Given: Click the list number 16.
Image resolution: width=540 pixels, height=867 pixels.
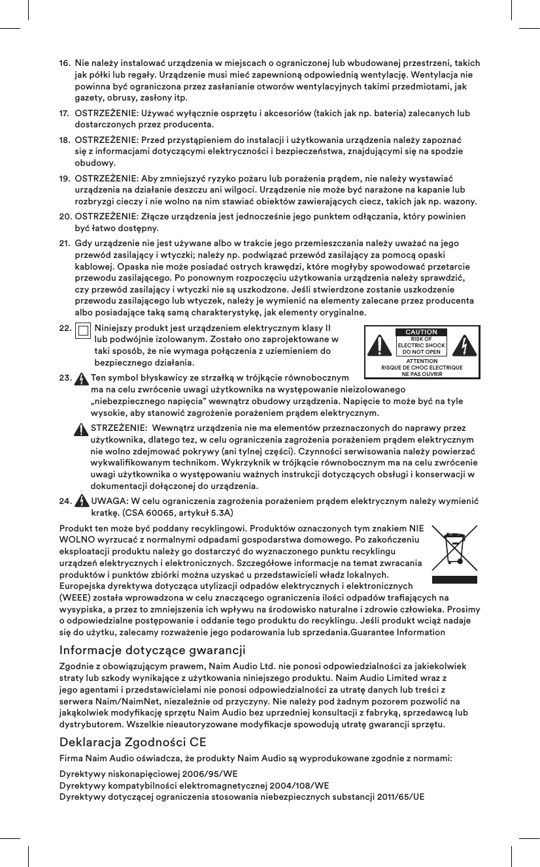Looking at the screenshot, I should click(65, 63).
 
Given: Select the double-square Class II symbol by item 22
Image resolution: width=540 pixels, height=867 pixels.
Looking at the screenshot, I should click(83, 332).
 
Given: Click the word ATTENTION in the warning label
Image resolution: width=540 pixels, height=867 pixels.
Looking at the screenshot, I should click(422, 361).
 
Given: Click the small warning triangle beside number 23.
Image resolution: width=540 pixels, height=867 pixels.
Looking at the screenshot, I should click(81, 379).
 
